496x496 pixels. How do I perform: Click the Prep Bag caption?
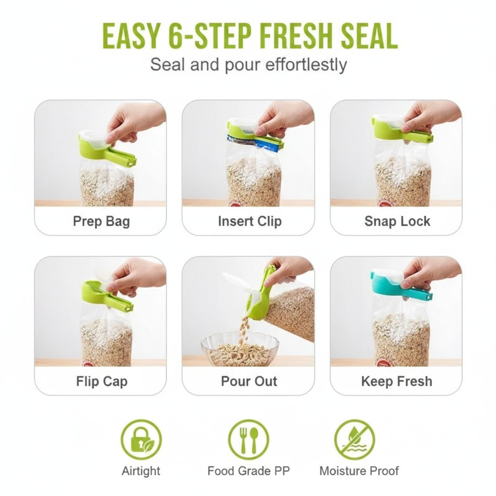pos(101,222)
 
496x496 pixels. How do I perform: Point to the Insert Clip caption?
pos(250,221)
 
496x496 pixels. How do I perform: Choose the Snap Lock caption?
pos(397,221)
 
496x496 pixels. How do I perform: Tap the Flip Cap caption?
pos(102,381)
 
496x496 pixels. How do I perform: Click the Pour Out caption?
pos(249,381)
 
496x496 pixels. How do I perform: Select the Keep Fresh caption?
pos(397,381)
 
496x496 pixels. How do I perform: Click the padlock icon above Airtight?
pos(141,440)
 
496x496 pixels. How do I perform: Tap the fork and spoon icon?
pos(249,440)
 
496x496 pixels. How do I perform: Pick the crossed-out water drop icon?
pos(354,440)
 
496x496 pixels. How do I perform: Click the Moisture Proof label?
pos(359,471)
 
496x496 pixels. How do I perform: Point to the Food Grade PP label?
pos(249,471)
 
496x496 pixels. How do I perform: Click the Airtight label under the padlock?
pos(141,471)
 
